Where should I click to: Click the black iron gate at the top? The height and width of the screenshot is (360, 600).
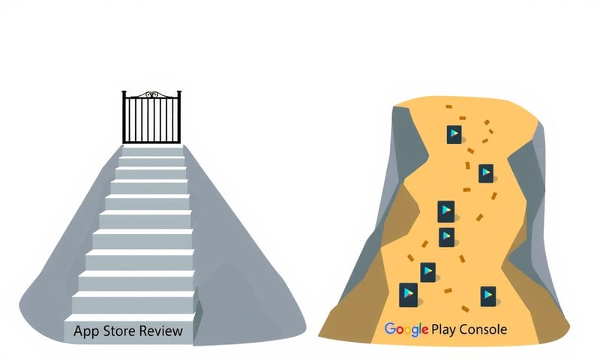point(152,118)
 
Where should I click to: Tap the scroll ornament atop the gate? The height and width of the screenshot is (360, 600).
point(152,94)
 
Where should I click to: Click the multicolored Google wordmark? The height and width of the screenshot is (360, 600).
point(406,329)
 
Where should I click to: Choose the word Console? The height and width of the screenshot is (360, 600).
point(484,329)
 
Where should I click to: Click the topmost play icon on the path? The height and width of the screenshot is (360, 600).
point(454,134)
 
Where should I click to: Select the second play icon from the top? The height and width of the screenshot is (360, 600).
point(486,173)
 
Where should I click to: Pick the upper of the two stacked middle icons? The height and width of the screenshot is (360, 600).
point(446,211)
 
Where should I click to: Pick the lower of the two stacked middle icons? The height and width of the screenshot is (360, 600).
point(447,237)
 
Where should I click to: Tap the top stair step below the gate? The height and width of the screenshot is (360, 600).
point(152,151)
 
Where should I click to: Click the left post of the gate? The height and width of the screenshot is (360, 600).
point(124,118)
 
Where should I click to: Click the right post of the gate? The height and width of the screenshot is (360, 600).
point(180,118)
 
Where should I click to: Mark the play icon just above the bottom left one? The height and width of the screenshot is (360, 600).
point(428,271)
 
